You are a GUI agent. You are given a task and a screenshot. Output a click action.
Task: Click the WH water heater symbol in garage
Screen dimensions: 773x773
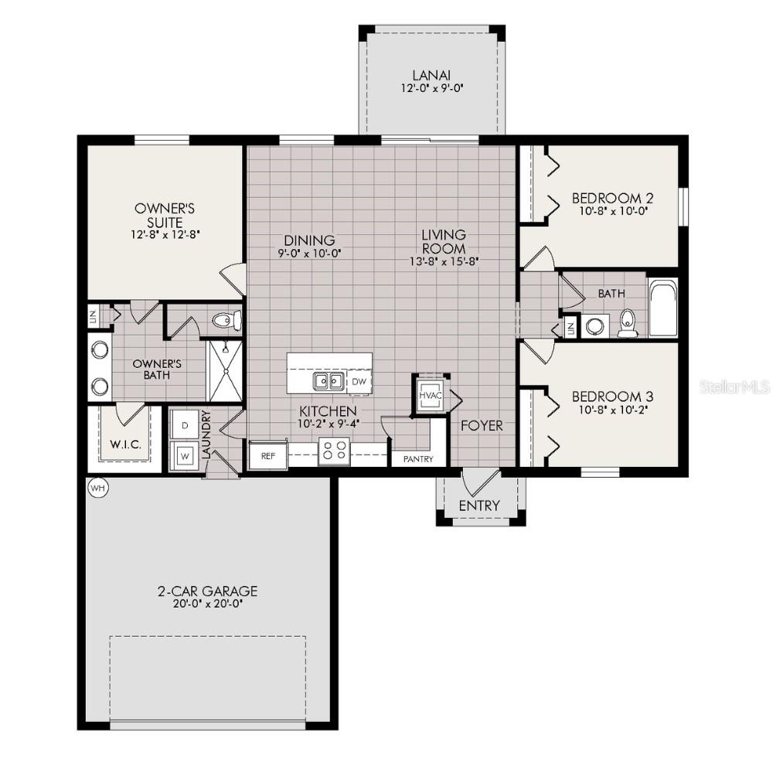(97, 488)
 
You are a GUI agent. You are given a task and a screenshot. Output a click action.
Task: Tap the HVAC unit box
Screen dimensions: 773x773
(429, 394)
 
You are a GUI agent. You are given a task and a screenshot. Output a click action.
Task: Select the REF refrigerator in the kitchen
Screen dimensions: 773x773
(267, 455)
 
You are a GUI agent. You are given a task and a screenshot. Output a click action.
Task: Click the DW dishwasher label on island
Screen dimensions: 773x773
(358, 381)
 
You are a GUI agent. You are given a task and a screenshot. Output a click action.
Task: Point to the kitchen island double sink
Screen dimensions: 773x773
(329, 381)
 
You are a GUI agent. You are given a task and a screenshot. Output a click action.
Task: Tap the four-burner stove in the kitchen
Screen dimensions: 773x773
(334, 451)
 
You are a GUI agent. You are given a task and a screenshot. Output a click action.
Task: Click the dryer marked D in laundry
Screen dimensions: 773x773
(185, 424)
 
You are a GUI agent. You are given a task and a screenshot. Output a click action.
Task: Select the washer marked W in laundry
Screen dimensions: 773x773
(185, 455)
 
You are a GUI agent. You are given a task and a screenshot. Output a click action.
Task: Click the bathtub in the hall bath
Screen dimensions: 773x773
(662, 308)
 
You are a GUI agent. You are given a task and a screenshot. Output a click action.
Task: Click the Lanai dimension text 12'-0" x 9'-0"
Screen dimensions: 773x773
(431, 89)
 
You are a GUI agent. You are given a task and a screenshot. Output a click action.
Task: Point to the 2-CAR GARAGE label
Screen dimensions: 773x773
(207, 591)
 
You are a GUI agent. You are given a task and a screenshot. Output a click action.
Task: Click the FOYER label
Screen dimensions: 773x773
(482, 426)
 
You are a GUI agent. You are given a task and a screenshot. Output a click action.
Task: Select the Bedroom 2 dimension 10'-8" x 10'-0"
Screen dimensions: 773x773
(607, 210)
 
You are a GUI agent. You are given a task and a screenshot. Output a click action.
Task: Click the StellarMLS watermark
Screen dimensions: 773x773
(734, 386)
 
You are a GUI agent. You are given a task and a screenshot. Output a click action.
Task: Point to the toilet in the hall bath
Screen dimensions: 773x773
(628, 323)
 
